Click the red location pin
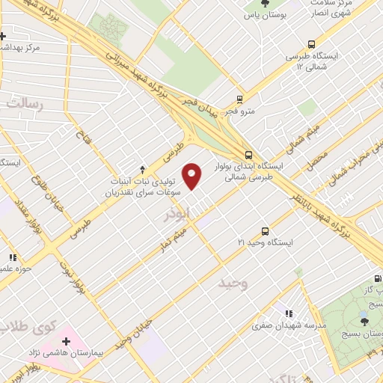pyautogui.click(x=192, y=177)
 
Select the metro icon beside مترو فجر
pyautogui.click(x=239, y=98)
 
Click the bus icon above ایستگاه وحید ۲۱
pyautogui.click(x=264, y=231)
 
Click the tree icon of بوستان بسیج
pyautogui.click(x=364, y=321)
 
